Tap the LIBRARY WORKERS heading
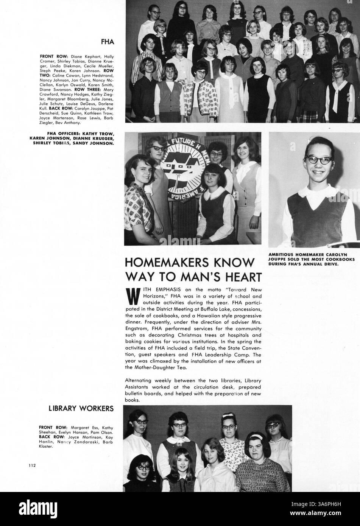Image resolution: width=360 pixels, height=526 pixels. [81, 408]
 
